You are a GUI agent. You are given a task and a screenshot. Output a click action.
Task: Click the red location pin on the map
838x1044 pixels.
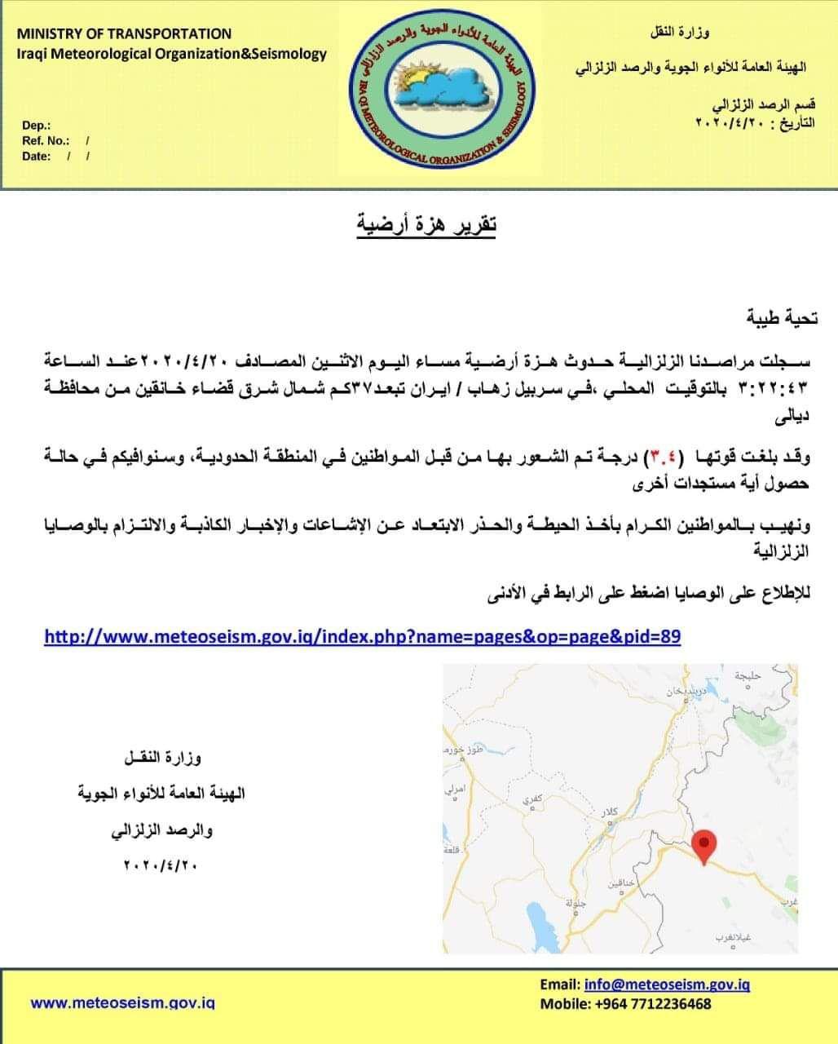[703, 845]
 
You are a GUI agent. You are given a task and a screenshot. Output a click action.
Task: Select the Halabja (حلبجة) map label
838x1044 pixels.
[747, 675]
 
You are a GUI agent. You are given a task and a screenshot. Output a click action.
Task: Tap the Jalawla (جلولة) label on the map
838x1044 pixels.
[576, 903]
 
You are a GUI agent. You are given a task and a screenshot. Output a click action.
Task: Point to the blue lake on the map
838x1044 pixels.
[537, 918]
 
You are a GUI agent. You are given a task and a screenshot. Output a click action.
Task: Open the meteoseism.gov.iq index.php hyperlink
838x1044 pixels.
[362, 636]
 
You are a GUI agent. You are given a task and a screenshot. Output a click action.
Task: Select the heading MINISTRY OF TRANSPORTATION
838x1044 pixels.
[124, 33]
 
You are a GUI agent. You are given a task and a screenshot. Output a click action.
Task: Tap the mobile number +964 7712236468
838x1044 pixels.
[647, 1004]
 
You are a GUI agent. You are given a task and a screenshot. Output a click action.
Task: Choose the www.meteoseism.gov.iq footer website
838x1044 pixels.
[122, 1002]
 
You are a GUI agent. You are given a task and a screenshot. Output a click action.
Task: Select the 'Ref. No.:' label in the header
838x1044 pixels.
[46, 140]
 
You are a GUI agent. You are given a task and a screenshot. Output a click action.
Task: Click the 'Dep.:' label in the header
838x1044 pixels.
[36, 125]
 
